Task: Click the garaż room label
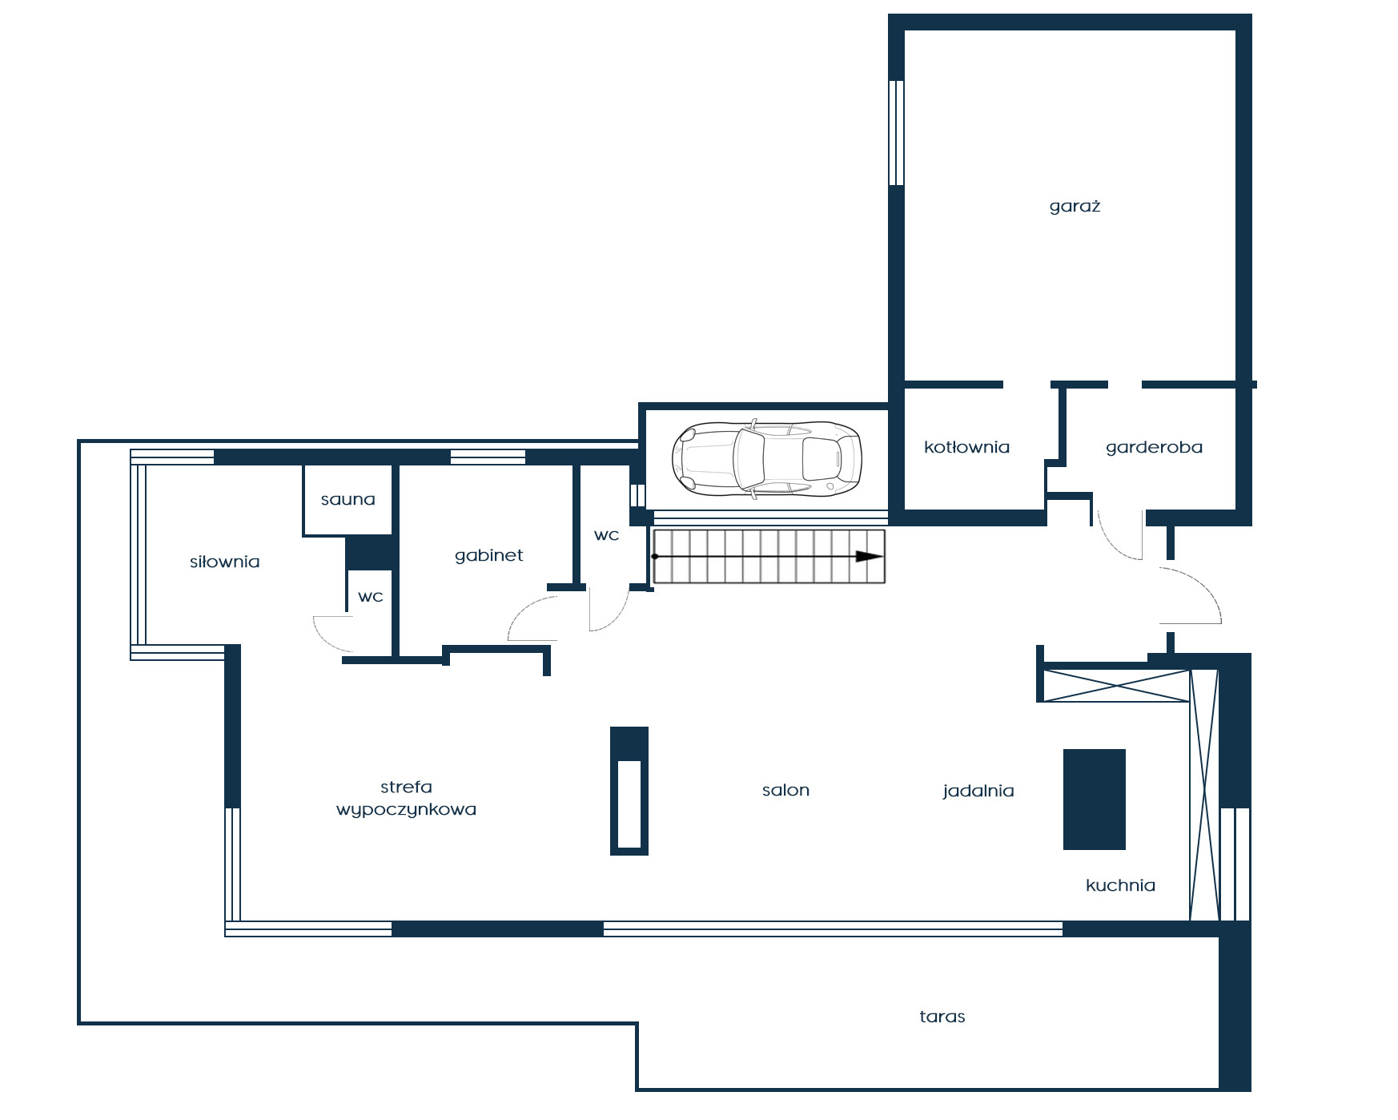[1075, 207]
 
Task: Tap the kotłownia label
[966, 447]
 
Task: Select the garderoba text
[1154, 448]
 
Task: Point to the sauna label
[347, 500]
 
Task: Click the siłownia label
[224, 562]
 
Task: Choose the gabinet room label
[488, 555]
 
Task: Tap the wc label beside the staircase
[606, 535]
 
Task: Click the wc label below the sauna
[370, 597]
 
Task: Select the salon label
[785, 790]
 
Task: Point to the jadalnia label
[978, 792]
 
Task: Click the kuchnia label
[1120, 885]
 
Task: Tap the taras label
[942, 1017]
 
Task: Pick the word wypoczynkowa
[406, 810]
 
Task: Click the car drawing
[766, 459]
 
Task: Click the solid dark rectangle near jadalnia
[1095, 800]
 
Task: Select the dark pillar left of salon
[629, 791]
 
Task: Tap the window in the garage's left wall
[897, 133]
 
